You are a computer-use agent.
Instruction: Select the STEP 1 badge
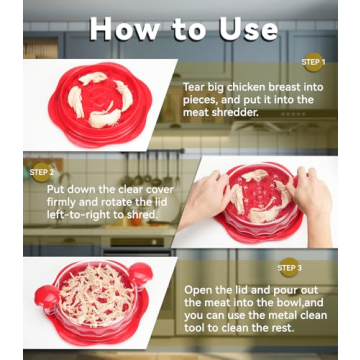[x=312, y=60]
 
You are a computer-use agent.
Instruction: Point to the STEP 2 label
[x=42, y=172]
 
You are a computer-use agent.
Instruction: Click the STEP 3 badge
[x=289, y=268]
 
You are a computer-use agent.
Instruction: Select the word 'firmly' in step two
[x=62, y=200]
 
